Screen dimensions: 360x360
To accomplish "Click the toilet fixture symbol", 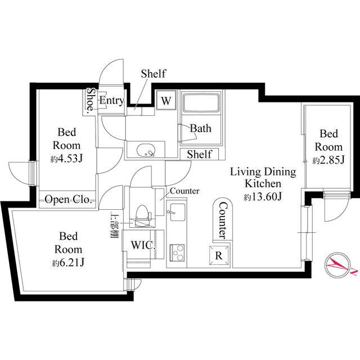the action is pyautogui.click(x=142, y=215).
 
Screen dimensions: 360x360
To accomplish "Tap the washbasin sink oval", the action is pyautogui.click(x=146, y=150).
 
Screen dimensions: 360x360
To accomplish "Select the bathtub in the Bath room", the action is pyautogui.click(x=201, y=103).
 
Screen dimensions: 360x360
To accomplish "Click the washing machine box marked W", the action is pyautogui.click(x=166, y=100).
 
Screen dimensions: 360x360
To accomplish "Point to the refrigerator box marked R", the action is pyautogui.click(x=219, y=255).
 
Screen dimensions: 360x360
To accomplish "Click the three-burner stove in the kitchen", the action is pyautogui.click(x=177, y=253).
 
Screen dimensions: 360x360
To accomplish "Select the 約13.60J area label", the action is pyautogui.click(x=263, y=197).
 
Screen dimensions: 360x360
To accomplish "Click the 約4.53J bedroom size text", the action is pyautogui.click(x=66, y=159).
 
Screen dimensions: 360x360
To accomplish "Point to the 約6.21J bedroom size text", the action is pyautogui.click(x=68, y=263).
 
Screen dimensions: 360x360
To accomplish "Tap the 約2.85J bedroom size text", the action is pyautogui.click(x=328, y=160).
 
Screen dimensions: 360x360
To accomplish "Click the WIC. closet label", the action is pyautogui.click(x=143, y=245).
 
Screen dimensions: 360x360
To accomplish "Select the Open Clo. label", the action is pyautogui.click(x=68, y=200).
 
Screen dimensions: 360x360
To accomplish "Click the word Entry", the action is pyautogui.click(x=112, y=100).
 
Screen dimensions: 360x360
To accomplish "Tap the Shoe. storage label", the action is pyautogui.click(x=91, y=100).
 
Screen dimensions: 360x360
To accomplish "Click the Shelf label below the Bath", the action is pyautogui.click(x=199, y=154).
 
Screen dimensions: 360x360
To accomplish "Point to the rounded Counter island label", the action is pyautogui.click(x=223, y=220).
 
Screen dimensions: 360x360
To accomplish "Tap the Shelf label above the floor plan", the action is pyautogui.click(x=154, y=74).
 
